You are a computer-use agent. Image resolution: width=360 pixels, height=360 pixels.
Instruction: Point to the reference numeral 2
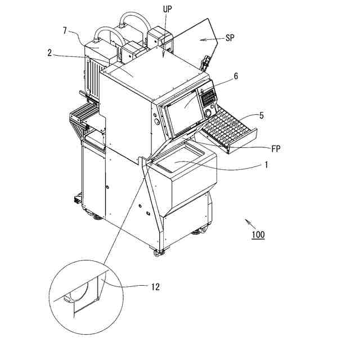pos(49,53)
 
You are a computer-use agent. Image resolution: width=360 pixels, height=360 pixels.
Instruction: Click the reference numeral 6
pos(236,75)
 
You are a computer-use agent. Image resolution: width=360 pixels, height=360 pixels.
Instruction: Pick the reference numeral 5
pos(261,116)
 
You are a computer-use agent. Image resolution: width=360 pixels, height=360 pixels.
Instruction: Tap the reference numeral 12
pos(155,286)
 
